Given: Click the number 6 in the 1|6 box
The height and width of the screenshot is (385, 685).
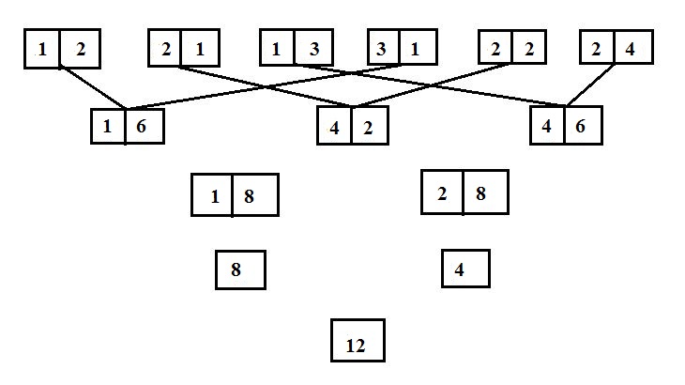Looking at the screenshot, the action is (x=141, y=126).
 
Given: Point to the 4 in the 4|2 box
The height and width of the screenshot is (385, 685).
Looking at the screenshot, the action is (x=334, y=128).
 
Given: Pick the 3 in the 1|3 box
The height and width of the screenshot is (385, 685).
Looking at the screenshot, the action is (x=314, y=50).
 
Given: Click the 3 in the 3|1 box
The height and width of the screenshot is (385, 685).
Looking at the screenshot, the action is (x=381, y=50).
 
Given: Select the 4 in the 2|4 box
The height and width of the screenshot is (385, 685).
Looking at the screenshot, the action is (x=630, y=50).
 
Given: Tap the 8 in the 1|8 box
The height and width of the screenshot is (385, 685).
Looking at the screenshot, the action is (x=249, y=196).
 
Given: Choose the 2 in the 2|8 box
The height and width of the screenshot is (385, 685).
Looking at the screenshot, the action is (x=442, y=193).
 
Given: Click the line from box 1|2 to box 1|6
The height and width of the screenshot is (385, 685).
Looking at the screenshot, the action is (x=93, y=87).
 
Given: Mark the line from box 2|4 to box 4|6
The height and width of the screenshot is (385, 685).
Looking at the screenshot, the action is (x=590, y=85).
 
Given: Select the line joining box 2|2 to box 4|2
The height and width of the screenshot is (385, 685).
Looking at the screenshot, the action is (x=432, y=85).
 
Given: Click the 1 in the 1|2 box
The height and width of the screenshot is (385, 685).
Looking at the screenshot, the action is (x=42, y=50).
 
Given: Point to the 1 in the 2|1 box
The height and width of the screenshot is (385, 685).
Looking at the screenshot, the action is (x=200, y=50).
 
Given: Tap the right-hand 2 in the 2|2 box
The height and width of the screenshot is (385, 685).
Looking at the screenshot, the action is (x=529, y=50).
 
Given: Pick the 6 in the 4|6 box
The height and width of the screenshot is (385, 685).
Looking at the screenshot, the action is (x=580, y=126).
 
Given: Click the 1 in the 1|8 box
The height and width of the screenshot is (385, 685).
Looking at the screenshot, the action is (x=215, y=196).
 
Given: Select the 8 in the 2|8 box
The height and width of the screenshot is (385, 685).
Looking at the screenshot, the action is (x=480, y=193).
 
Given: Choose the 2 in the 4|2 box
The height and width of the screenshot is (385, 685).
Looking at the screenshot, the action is (x=368, y=128).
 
